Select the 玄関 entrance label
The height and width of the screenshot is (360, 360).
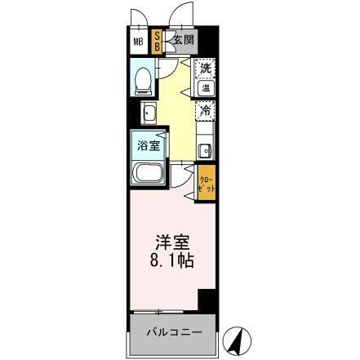click(181, 40)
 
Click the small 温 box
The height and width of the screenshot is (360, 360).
click(207, 87)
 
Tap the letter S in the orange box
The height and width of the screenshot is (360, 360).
click(158, 36)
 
